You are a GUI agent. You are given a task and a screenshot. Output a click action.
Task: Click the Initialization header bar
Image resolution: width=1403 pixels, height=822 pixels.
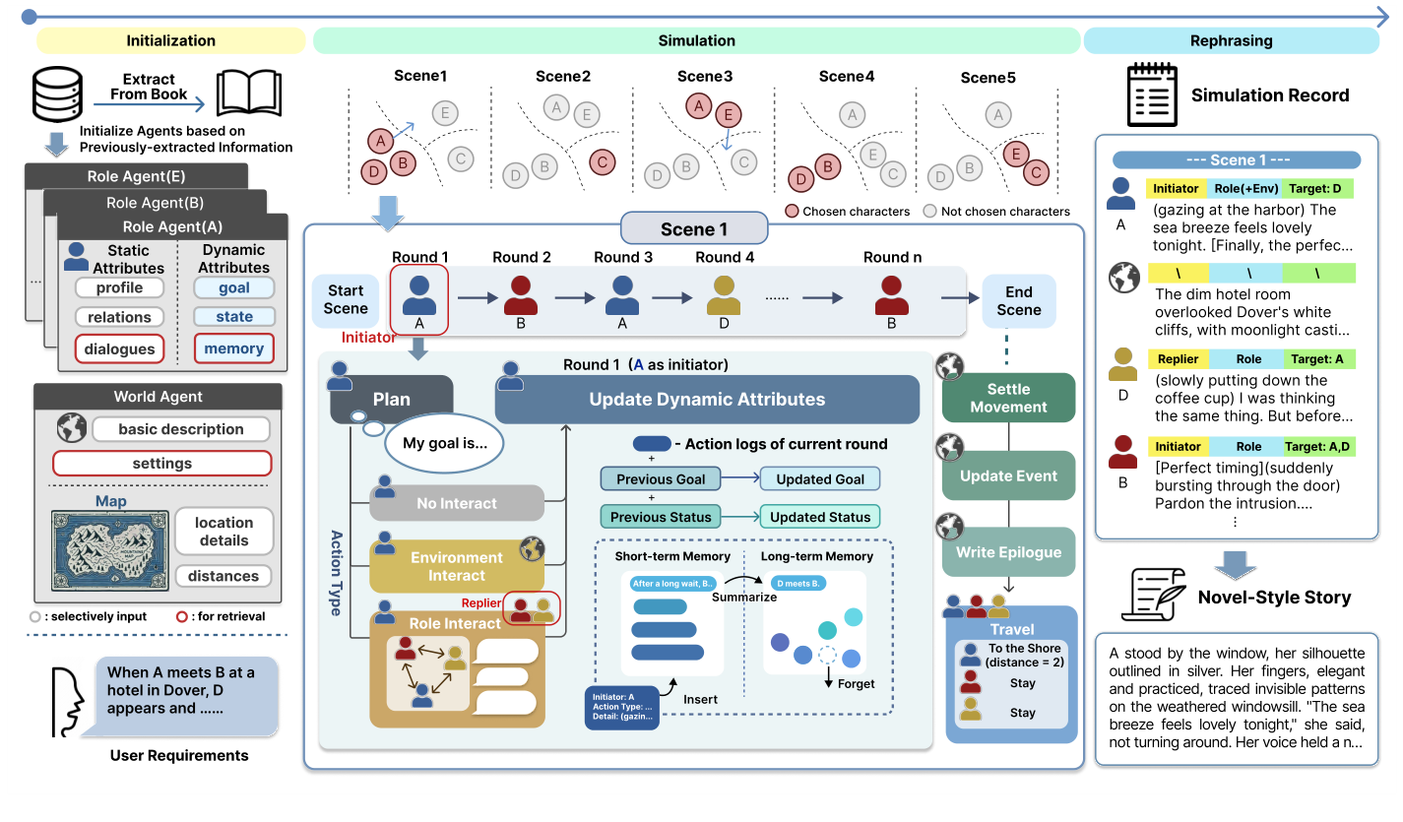[x=170, y=40]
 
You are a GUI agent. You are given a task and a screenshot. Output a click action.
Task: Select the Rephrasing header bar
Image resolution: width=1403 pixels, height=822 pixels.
[x=1231, y=40]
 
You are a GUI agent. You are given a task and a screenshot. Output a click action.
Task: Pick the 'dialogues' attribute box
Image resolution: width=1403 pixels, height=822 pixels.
[x=119, y=348]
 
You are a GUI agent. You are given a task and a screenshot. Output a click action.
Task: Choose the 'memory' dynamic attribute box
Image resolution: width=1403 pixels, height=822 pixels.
[x=233, y=348]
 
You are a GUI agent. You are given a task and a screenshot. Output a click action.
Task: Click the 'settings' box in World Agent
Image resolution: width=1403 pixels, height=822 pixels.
[x=161, y=463]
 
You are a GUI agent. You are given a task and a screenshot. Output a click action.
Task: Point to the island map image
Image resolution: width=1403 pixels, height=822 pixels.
[x=108, y=549]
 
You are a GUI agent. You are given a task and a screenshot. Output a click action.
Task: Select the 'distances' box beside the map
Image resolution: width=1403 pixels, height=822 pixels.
[x=223, y=576]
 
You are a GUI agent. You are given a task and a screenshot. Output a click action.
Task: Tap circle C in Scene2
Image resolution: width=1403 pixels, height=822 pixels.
[x=603, y=160]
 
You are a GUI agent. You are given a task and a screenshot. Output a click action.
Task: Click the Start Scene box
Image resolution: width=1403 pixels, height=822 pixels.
[x=346, y=299]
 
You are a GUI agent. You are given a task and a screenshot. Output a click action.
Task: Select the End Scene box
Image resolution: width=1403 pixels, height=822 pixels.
[x=1018, y=299]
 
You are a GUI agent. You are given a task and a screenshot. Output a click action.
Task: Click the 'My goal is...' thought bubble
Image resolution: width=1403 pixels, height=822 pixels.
[x=444, y=443]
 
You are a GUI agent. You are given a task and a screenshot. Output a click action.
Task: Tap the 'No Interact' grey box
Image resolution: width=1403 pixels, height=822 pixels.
[x=456, y=503]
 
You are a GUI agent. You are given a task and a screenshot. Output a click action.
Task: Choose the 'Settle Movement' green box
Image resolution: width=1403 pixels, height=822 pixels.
[x=1008, y=398]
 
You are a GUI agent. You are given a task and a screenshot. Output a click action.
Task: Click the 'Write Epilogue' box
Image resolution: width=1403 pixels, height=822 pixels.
[x=1008, y=552]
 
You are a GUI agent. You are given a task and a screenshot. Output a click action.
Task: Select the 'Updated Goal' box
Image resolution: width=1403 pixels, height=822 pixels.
[x=820, y=479]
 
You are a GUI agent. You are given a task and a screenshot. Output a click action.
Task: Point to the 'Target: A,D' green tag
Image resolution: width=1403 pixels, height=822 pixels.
[x=1319, y=446]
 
